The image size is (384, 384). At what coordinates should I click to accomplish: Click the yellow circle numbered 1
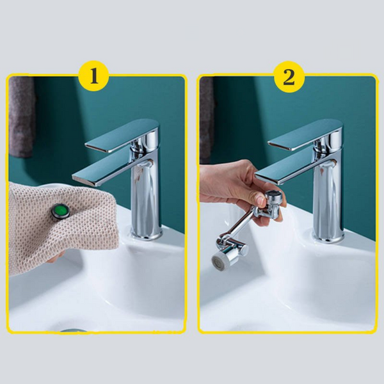tap(94, 76)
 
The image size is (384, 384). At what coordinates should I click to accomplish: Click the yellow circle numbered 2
tap(289, 77)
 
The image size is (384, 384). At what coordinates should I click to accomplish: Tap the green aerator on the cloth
tap(61, 211)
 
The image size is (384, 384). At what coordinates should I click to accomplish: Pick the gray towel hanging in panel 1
tap(22, 117)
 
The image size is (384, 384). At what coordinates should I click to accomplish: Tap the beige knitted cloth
tap(61, 228)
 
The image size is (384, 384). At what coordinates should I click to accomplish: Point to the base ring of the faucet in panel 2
tap(328, 237)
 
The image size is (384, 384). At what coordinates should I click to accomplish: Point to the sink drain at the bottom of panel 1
tap(74, 331)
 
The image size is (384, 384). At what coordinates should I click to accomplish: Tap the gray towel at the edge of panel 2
tap(206, 118)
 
